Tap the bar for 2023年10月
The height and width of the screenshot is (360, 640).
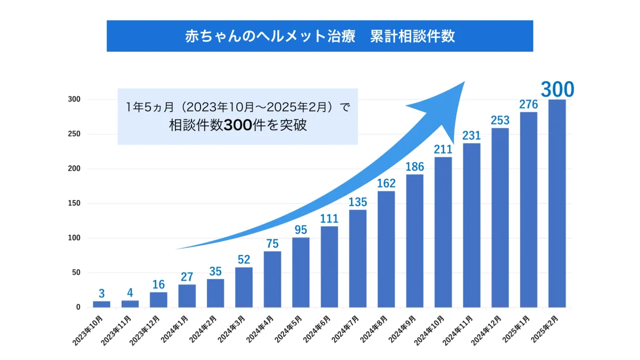pos(101,304)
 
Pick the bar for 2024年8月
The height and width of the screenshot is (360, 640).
pos(386,249)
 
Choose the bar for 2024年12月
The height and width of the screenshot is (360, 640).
pos(500,218)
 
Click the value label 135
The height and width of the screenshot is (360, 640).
pos(357,202)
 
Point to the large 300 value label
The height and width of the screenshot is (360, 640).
pos(557,89)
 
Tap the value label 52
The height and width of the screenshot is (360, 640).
pos(244,259)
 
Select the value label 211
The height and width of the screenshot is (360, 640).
pos(443,149)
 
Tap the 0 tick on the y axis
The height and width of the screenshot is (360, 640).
pos(78,307)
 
